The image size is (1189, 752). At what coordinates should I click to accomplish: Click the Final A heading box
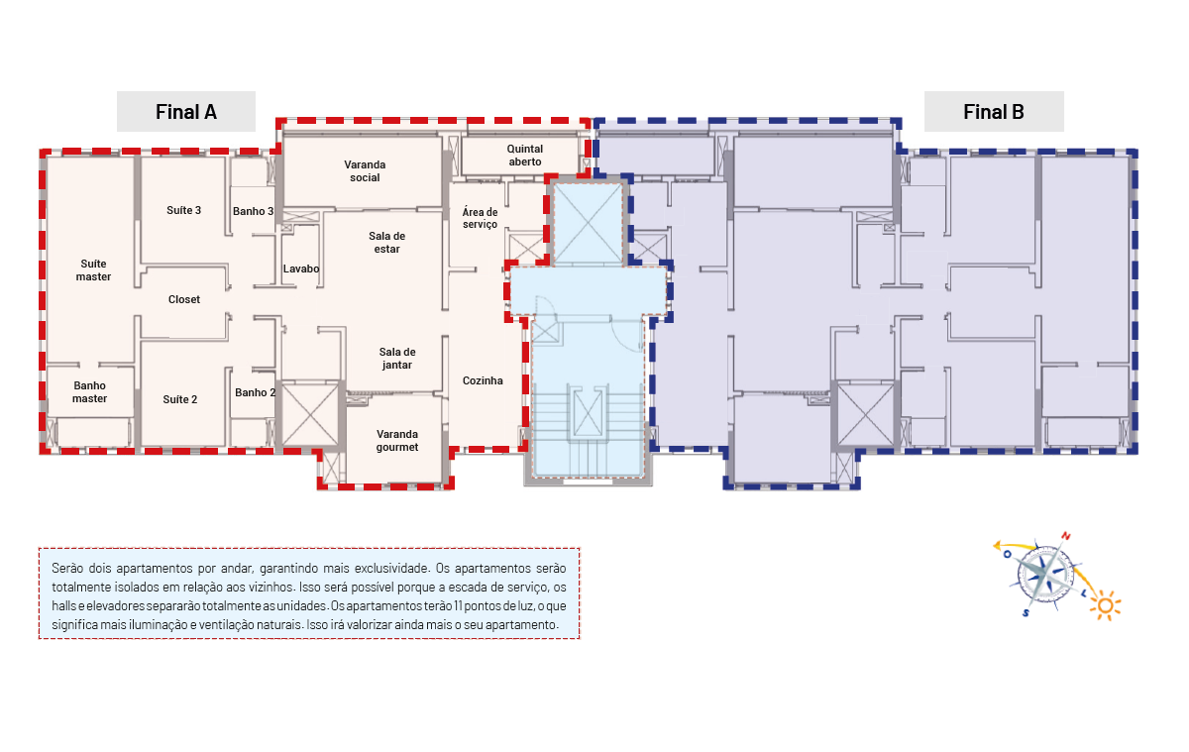pyautogui.click(x=186, y=111)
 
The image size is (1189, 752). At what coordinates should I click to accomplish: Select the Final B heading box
pyautogui.click(x=994, y=111)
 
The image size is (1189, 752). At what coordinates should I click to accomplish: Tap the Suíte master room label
pyautogui.click(x=93, y=270)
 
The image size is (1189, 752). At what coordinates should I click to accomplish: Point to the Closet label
pyautogui.click(x=184, y=299)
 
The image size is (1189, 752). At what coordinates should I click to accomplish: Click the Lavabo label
pyautogui.click(x=301, y=269)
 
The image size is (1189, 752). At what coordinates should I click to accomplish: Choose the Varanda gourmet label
pyautogui.click(x=397, y=441)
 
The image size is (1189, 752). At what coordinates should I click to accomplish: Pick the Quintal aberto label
pyautogui.click(x=525, y=155)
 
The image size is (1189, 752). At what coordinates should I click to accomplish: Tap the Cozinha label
pyautogui.click(x=483, y=380)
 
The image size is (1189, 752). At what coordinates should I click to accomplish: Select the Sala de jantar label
pyautogui.click(x=397, y=359)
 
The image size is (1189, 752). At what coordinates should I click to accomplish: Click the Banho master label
pyautogui.click(x=90, y=391)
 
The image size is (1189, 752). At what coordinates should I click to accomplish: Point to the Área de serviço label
pyautogui.click(x=480, y=218)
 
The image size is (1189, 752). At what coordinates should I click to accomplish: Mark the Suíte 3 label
pyautogui.click(x=183, y=210)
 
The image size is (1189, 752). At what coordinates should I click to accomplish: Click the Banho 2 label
pyautogui.click(x=256, y=392)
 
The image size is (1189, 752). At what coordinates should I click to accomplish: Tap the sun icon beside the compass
pyautogui.click(x=1106, y=605)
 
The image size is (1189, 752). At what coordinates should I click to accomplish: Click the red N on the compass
pyautogui.click(x=1066, y=536)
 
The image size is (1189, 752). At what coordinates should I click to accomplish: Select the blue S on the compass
pyautogui.click(x=1026, y=613)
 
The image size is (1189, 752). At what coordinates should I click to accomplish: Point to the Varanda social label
pyautogui.click(x=365, y=170)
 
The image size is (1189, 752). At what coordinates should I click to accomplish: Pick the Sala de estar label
pyautogui.click(x=387, y=242)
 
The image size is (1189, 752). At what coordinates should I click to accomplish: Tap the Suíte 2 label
pyautogui.click(x=180, y=399)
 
